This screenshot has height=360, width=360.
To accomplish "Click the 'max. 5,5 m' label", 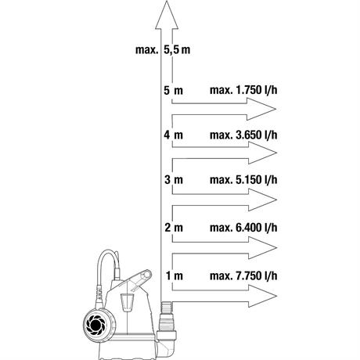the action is point(163,49).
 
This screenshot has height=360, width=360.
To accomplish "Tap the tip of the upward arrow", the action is point(167,1).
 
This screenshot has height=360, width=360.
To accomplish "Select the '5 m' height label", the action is point(174,91).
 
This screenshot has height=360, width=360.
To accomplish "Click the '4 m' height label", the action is point(174,135).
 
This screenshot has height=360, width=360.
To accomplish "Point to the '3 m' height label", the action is point(174,180).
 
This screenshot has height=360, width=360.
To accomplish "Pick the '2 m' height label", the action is point(174,228).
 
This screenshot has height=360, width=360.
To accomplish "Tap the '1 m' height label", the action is point(175,275).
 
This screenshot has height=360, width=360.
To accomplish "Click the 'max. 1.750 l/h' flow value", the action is point(243,90).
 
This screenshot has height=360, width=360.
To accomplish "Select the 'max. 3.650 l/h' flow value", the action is point(243,135).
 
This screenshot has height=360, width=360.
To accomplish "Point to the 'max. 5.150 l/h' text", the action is point(243,180).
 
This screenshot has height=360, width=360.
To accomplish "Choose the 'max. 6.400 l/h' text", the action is point(243,228).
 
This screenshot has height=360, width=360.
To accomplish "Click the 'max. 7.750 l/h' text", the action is point(243,275).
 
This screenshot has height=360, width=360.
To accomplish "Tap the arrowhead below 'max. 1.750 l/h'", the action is point(261,109).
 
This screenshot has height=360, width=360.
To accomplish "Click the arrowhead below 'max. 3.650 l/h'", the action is point(261,153).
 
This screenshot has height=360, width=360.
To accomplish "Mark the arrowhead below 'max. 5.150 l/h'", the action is point(261,200).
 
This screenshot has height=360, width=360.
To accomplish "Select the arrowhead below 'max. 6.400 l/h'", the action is point(261,248).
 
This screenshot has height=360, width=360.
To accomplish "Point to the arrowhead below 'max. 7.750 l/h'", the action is point(261,296).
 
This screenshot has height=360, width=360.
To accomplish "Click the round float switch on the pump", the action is point(96,325).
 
